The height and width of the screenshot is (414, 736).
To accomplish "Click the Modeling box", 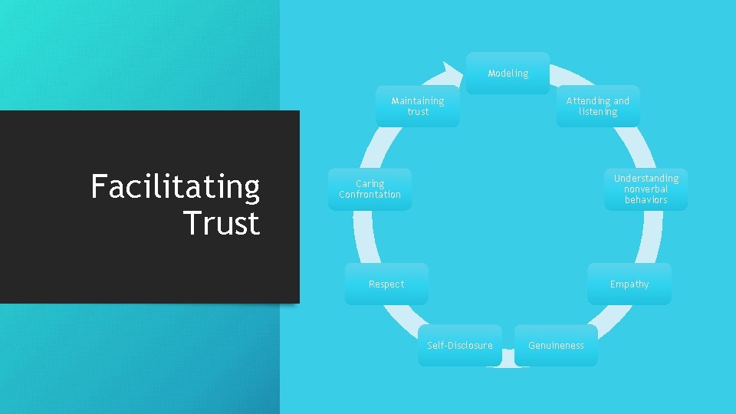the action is [508, 74].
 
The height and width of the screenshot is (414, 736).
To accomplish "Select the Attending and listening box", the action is [597, 106].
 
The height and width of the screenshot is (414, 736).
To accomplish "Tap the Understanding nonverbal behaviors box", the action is [646, 189].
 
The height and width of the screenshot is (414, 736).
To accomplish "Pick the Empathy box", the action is [629, 284].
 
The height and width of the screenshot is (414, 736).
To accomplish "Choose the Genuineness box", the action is [556, 345].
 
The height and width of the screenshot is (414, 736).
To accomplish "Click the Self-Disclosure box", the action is [460, 345].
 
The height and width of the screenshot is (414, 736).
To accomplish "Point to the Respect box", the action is [386, 284].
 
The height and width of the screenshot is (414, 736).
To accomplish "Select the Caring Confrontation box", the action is [370, 189].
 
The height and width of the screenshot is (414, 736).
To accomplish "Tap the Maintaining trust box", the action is [418, 106].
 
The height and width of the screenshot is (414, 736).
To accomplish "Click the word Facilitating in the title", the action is [176, 186].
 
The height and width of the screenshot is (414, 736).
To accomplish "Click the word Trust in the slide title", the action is [222, 223].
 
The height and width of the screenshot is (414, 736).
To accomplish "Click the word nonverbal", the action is [646, 189].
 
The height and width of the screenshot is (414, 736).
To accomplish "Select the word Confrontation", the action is [370, 195].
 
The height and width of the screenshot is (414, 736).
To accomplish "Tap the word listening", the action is [598, 112].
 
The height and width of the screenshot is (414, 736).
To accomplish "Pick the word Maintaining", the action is [418, 100].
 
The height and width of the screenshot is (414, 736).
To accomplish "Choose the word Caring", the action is [370, 183].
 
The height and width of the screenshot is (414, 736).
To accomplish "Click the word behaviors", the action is [646, 199].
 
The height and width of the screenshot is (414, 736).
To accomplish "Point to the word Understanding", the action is [646, 178].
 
